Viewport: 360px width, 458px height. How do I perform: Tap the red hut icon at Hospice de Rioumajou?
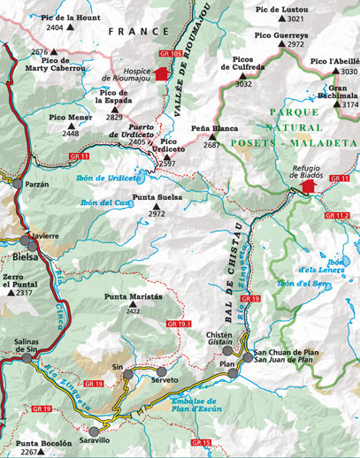[160, 74]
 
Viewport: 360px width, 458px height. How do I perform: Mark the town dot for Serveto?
[160, 371]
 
